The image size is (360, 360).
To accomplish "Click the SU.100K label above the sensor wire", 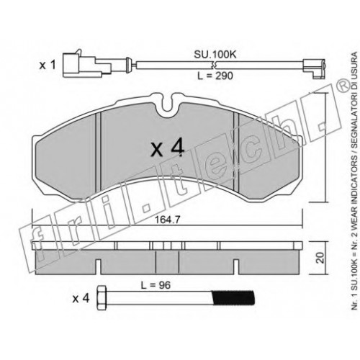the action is pyautogui.click(x=215, y=55).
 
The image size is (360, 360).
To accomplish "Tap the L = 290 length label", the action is pyautogui.click(x=215, y=76).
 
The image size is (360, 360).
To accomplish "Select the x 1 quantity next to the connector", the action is pyautogui.click(x=48, y=65).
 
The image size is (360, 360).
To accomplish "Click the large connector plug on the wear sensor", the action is pyautogui.click(x=86, y=64).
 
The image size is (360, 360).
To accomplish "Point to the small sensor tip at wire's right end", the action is pyautogui.click(x=314, y=68).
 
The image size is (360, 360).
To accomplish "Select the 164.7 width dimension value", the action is pyautogui.click(x=167, y=220).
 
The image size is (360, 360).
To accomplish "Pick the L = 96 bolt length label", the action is pyautogui.click(x=156, y=285).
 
